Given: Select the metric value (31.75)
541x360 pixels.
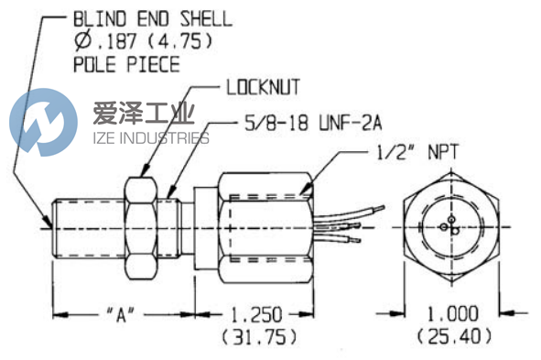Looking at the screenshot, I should click(x=257, y=337).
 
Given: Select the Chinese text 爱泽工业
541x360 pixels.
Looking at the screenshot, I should click(x=137, y=116).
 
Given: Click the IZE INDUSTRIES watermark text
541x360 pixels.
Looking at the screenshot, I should click(x=151, y=139).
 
